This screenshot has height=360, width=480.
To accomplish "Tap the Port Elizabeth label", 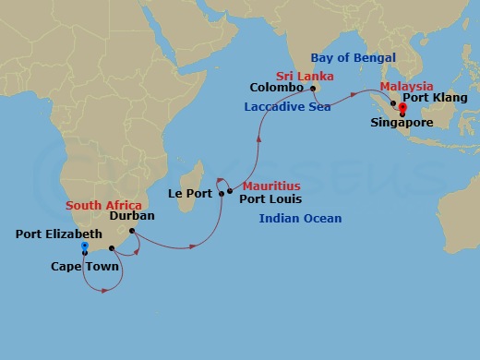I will tap(59, 234).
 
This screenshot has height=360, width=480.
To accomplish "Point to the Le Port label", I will tap(189, 194).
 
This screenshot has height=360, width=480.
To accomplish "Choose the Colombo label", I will tap(276, 88).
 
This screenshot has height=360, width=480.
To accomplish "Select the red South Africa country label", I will tap(103, 205).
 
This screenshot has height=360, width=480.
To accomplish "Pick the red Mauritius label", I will tap(270, 186).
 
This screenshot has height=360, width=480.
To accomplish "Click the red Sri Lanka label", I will tap(304, 75).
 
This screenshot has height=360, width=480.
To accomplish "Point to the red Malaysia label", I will tap(406, 86).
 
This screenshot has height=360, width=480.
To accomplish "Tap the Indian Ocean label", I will tap(300, 219).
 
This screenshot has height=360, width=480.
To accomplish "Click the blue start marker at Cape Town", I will tap(84, 246).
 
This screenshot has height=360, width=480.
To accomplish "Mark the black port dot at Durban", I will tap(132, 231).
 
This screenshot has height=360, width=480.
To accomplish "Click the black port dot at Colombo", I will tap(313, 89).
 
